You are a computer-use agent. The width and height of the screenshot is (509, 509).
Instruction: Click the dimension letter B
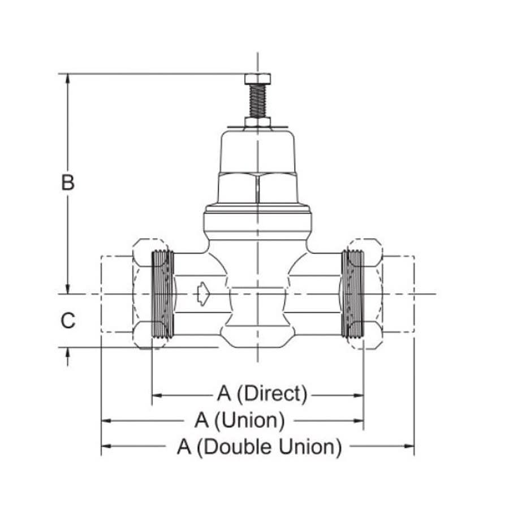68,183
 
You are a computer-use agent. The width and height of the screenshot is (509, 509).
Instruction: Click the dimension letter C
68,321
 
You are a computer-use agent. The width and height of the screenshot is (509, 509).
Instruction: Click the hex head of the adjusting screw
257,79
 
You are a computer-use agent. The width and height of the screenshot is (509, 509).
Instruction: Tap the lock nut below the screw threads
257,122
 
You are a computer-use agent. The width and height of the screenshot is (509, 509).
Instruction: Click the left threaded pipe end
163,294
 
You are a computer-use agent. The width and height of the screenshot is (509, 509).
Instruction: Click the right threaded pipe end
352,294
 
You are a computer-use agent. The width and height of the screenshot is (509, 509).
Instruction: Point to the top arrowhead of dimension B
68,79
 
